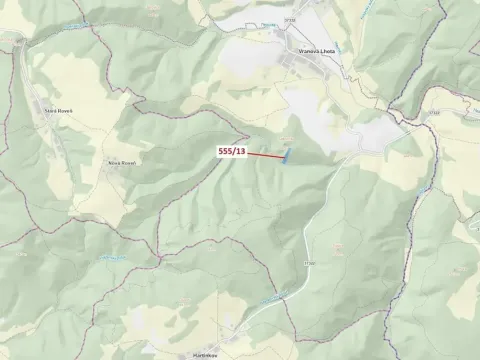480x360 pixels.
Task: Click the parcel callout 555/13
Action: (231, 151)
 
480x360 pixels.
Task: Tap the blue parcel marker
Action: (287, 156)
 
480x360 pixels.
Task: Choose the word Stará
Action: (49, 112)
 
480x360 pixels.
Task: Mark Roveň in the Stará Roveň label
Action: (65, 112)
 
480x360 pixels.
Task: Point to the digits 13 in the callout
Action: (240, 151)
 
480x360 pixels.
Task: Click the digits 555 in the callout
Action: (225, 151)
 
